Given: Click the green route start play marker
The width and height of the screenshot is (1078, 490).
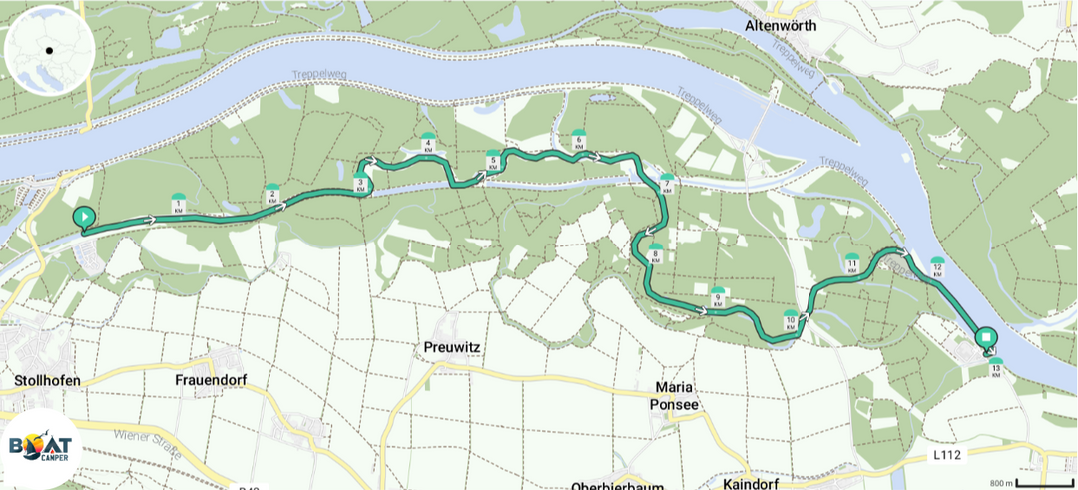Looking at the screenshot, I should tap(84, 217).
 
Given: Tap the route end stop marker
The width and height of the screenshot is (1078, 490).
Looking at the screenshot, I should tap(985, 338).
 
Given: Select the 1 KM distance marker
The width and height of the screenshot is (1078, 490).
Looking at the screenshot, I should tap(178, 204).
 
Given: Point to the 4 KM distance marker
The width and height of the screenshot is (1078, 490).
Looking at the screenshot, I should tap(428, 144).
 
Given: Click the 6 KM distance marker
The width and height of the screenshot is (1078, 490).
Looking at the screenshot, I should tap(578, 141).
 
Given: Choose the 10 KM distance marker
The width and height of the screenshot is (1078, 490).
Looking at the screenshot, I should tap(790, 321).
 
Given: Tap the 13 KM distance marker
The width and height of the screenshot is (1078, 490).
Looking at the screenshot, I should tap(995, 368).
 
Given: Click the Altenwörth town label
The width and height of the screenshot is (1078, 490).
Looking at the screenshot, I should tap(782, 25).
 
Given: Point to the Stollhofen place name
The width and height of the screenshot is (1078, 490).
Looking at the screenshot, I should tap(47, 380).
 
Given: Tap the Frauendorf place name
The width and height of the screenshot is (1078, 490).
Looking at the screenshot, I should tap(210, 380).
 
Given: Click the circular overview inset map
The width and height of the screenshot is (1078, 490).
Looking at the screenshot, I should tap(49, 50).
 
